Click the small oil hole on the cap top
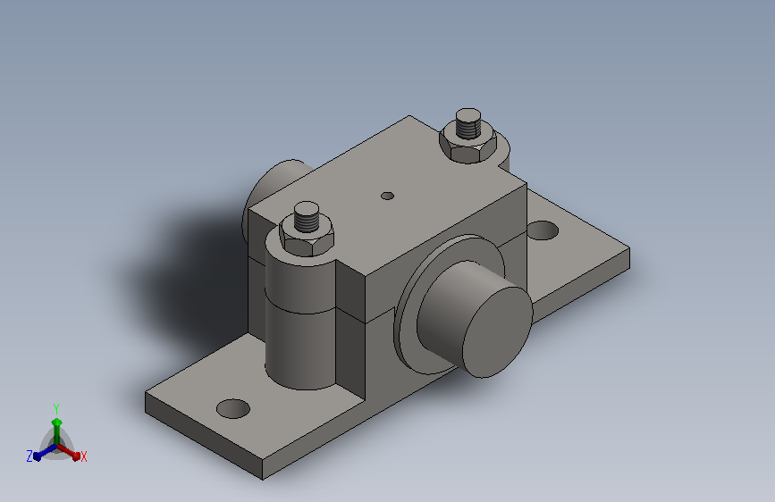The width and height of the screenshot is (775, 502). tap(388, 197)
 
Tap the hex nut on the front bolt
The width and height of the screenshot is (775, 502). tap(307, 239)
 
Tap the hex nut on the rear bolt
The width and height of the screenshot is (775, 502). tap(468, 144)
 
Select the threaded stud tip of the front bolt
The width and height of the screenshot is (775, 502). tap(307, 216)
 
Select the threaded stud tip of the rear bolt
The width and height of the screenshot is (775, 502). tap(468, 123)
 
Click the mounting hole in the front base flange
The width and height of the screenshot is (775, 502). tap(233, 408)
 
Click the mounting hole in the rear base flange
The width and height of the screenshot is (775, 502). tap(543, 230)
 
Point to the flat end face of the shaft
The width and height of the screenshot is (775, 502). tap(497, 332)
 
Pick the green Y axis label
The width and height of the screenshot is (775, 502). tap(56, 408)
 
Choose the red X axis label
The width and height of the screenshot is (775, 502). tap(83, 456)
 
